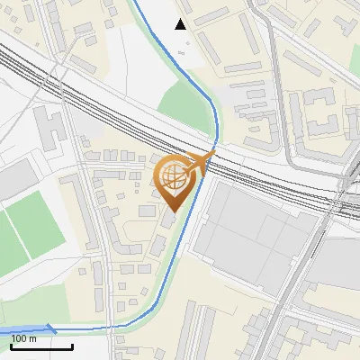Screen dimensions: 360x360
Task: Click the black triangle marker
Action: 182,23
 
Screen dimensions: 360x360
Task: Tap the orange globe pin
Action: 177,179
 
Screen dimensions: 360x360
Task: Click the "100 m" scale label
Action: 24,338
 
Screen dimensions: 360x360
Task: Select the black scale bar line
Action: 40,346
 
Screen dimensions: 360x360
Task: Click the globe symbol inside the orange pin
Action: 176,175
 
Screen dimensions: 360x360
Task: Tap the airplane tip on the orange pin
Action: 211,155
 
